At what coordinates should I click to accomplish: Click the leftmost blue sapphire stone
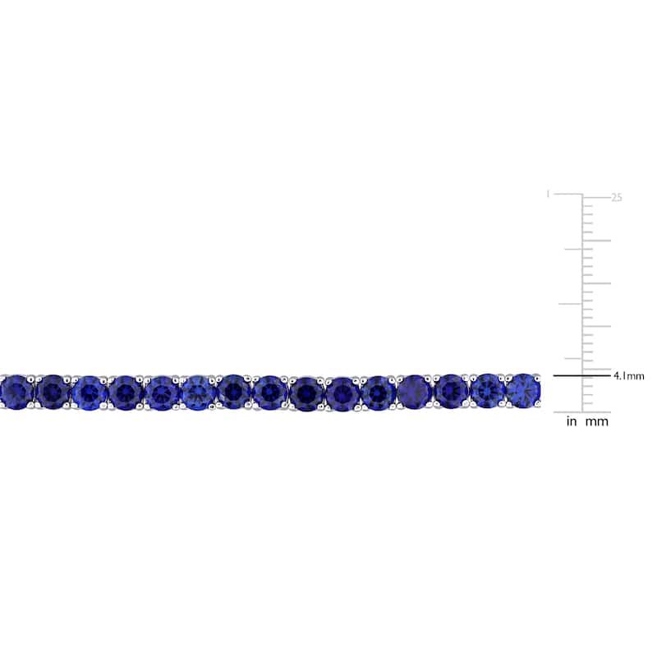click(16, 392)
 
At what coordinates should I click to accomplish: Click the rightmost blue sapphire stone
click(522, 390)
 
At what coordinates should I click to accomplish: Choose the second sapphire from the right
click(488, 390)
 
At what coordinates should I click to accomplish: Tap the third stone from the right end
click(451, 391)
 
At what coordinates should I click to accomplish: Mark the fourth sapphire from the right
click(415, 392)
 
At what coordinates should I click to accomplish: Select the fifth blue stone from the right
click(379, 392)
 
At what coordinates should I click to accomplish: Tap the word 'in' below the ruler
click(572, 422)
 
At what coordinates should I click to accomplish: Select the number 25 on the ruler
click(617, 197)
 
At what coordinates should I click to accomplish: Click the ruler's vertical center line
click(583, 304)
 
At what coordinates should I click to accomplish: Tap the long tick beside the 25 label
click(597, 195)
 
